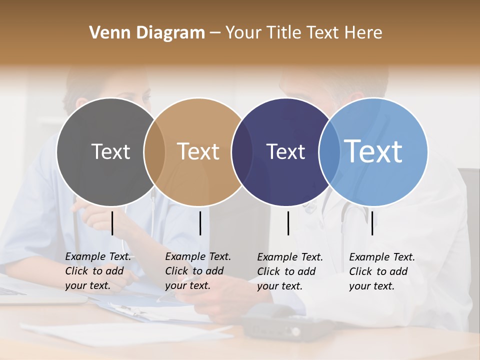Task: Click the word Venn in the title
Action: pos(107,33)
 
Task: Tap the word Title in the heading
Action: pos(286,33)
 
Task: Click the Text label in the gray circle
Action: pos(110,151)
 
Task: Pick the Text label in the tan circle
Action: pos(198,151)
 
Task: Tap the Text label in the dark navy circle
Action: pos(285,151)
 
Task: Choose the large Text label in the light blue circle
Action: pos(373,151)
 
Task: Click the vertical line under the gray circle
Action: pos(112,223)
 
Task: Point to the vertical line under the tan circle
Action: pos(200,223)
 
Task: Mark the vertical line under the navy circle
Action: pos(288,223)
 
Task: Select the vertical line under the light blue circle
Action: pos(372,223)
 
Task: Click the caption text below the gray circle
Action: pos(98,271)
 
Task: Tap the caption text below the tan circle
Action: pos(198,271)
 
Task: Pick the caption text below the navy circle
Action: pos(290,271)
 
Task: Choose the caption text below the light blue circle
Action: pos(382,271)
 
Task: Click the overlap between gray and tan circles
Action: pos(154,151)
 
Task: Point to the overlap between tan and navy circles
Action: pos(242,151)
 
